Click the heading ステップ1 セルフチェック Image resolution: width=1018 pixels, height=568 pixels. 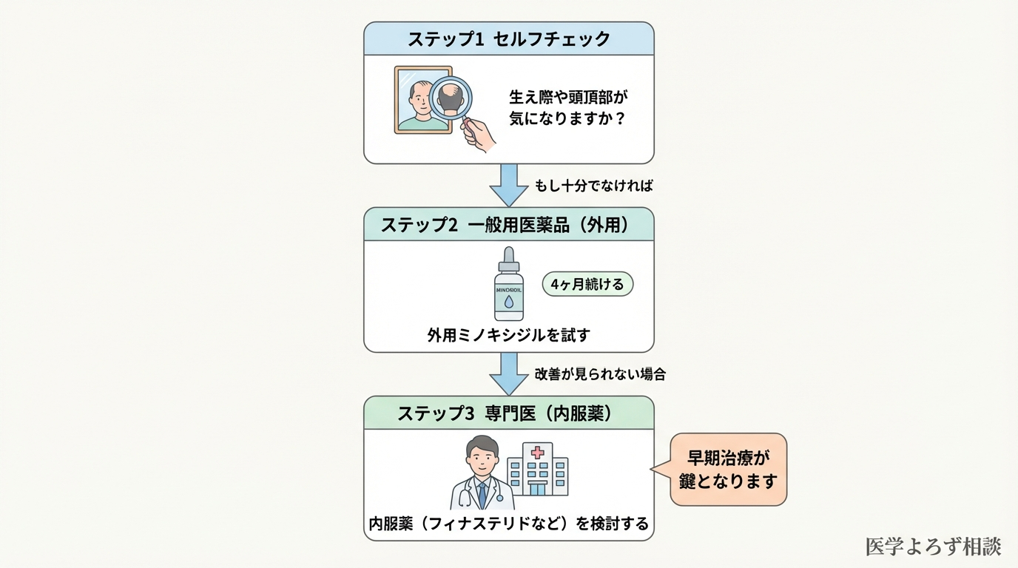(508, 38)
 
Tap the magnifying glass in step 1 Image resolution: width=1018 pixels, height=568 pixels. (451, 96)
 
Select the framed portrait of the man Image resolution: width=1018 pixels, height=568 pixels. (422, 100)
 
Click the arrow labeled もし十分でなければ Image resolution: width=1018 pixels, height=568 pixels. (508, 185)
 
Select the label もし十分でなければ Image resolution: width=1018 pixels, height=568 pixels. (593, 186)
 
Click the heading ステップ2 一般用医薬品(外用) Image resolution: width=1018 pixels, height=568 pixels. (508, 225)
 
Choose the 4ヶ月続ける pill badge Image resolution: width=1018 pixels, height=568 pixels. (587, 284)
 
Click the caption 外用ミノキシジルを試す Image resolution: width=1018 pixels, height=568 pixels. (508, 335)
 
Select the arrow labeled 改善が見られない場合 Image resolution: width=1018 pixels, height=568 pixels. (508, 373)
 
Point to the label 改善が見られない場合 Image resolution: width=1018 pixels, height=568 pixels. (599, 374)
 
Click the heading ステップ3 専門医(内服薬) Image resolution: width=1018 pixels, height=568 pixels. (508, 413)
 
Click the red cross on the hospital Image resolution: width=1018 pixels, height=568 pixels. (537, 452)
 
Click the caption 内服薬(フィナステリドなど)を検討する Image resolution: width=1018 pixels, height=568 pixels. (508, 524)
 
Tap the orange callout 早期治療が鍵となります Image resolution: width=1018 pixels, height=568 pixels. (728, 469)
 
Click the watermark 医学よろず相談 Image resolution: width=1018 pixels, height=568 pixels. (933, 547)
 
